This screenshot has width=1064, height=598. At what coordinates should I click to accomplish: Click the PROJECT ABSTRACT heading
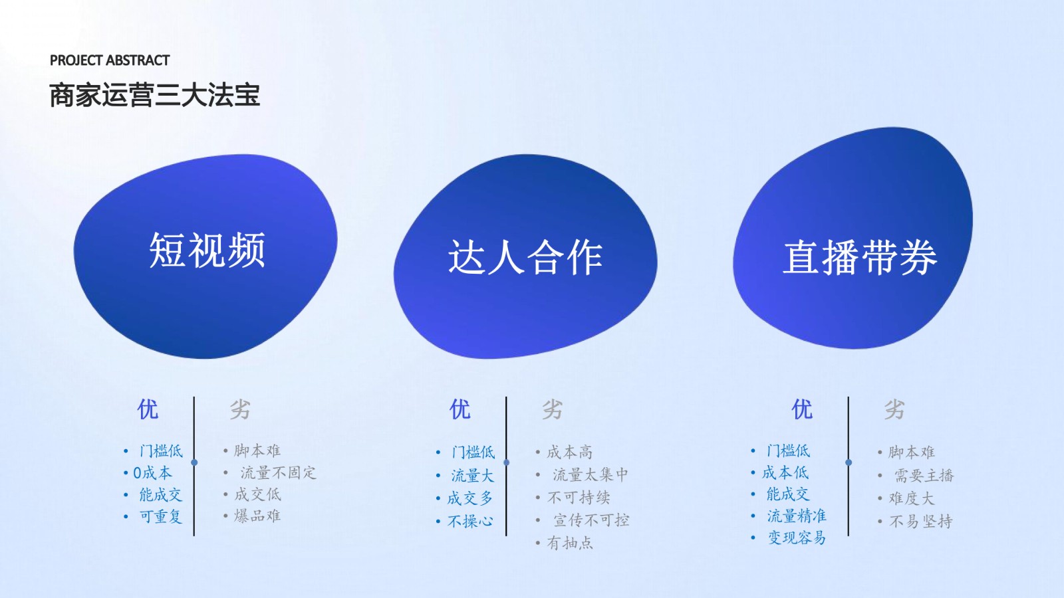(x=110, y=60)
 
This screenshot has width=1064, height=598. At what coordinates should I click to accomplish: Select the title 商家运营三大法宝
(x=155, y=96)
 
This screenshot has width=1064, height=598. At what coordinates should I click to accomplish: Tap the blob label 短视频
(x=207, y=250)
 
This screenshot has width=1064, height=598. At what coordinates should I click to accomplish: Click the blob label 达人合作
(x=525, y=256)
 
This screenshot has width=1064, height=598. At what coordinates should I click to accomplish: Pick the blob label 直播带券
(x=860, y=256)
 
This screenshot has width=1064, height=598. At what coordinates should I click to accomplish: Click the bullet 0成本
(x=152, y=472)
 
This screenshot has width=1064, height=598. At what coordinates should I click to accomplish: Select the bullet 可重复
(x=160, y=516)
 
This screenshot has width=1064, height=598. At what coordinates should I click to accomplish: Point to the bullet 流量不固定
(x=278, y=472)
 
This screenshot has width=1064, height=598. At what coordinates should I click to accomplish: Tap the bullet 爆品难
(x=257, y=516)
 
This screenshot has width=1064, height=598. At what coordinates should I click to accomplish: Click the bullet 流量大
(x=473, y=476)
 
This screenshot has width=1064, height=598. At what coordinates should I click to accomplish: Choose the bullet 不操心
(x=470, y=522)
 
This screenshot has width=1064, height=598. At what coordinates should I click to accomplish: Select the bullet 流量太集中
(x=591, y=474)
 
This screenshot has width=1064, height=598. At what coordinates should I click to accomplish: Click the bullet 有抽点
(x=570, y=543)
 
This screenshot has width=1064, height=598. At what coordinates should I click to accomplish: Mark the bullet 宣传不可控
(x=591, y=520)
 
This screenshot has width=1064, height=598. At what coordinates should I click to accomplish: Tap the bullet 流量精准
(x=797, y=516)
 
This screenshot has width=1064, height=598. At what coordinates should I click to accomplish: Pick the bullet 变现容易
(x=797, y=538)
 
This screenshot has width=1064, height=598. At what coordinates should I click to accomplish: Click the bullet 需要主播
(x=924, y=476)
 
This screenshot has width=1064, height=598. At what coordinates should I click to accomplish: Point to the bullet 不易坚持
(x=921, y=522)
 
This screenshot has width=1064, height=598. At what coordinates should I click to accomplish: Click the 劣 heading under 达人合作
(x=553, y=409)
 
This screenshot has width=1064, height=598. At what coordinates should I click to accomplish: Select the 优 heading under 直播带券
(x=802, y=409)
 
